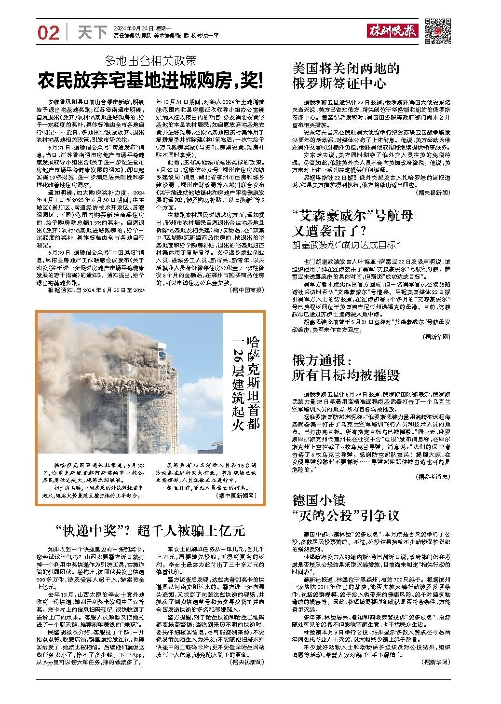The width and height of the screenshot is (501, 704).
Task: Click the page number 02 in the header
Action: (48, 33)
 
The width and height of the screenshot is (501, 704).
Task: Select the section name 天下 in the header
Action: (92, 33)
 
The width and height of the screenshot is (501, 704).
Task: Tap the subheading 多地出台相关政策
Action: (151, 61)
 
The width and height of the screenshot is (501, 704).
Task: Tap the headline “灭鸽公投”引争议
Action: (346, 515)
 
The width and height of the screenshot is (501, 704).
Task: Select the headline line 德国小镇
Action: (319, 499)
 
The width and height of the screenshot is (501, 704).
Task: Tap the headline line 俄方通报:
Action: (323, 360)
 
